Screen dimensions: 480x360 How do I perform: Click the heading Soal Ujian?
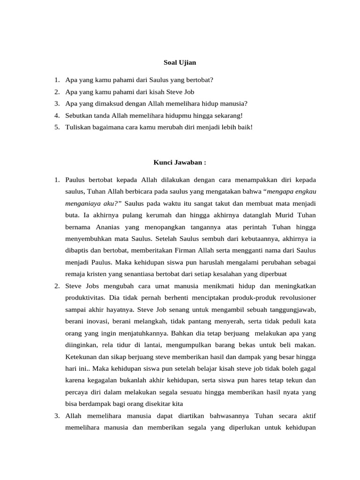180,62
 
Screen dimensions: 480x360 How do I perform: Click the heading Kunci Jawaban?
180,163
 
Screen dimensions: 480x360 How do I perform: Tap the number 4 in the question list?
56,115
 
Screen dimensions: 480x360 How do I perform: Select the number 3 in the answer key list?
56,416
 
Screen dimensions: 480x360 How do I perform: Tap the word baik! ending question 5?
244,127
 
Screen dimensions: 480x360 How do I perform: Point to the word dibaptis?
79,251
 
